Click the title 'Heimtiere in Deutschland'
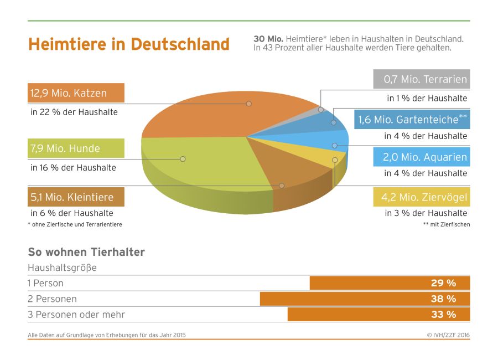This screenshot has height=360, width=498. pos(128,44)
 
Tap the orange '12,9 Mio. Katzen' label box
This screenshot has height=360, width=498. pos(76,93)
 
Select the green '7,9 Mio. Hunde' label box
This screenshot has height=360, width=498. pos(76,148)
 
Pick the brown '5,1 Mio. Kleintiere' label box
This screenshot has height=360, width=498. pos(76,197)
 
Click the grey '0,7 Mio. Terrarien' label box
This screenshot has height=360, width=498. pos(421,79)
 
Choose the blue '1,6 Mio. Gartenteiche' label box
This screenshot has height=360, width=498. pos(412,119)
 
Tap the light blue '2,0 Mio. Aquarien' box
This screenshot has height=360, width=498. pos(421,157)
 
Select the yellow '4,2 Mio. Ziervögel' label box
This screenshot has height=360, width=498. pos(421,197)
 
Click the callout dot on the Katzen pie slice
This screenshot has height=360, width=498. pos(249,104)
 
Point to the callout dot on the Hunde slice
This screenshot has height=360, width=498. pos(183,159)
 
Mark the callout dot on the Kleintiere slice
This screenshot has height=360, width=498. pos(282,186)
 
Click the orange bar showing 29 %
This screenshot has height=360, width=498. pos(390,283)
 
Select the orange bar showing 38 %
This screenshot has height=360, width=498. pos(365,299)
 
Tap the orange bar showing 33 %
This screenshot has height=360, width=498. pos(378,315)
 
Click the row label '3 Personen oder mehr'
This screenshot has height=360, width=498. pos(76,315)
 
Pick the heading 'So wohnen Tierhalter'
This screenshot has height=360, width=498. pos(86,253)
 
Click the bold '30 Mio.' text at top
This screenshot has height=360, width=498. pos(268,39)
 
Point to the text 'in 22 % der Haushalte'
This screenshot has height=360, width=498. pos(74,112)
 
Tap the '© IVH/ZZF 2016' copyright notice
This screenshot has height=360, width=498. pos(448,335)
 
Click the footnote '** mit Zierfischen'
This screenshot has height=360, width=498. pos(446,224)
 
